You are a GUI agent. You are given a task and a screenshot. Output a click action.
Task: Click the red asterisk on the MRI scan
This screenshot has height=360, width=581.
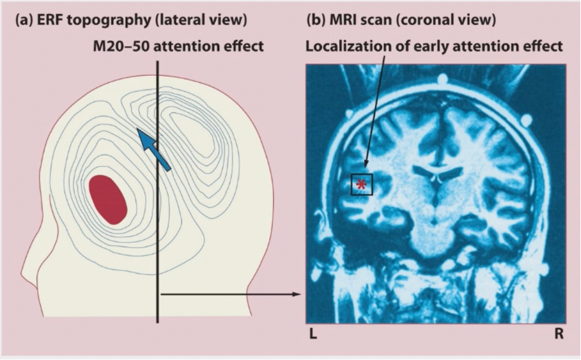(362, 184)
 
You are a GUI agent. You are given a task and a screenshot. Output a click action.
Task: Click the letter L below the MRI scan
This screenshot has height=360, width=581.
(313, 335)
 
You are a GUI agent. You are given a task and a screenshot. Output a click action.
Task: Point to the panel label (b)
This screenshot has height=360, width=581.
(316, 21)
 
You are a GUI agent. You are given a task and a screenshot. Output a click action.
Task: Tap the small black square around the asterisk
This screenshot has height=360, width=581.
(362, 184)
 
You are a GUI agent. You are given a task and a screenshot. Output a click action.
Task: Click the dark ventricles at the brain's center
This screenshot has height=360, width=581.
(437, 175)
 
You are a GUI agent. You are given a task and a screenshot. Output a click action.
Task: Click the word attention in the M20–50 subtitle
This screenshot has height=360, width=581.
(186, 47)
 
